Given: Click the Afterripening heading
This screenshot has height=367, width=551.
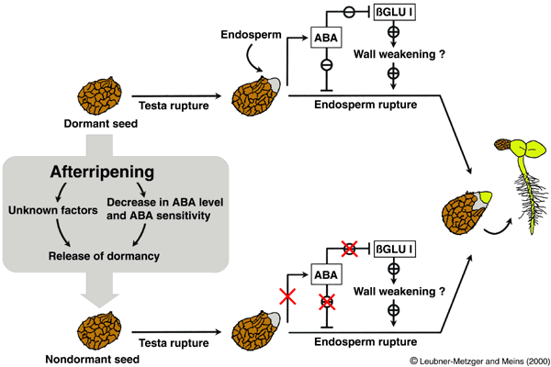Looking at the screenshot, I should (101, 172).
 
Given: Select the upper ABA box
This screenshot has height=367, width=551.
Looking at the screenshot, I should (327, 37).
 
